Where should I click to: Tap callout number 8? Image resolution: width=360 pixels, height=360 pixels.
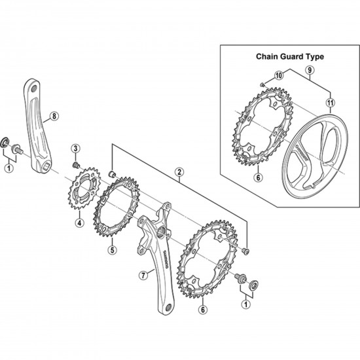pos(54,117)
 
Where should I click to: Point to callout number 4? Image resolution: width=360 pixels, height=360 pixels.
pos(79,223)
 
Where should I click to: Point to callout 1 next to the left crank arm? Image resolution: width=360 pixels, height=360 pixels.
pos(9,168)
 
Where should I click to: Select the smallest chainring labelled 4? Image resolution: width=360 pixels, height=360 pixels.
pos(81,189)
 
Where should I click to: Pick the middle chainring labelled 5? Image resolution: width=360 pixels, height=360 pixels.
pos(118,209)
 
